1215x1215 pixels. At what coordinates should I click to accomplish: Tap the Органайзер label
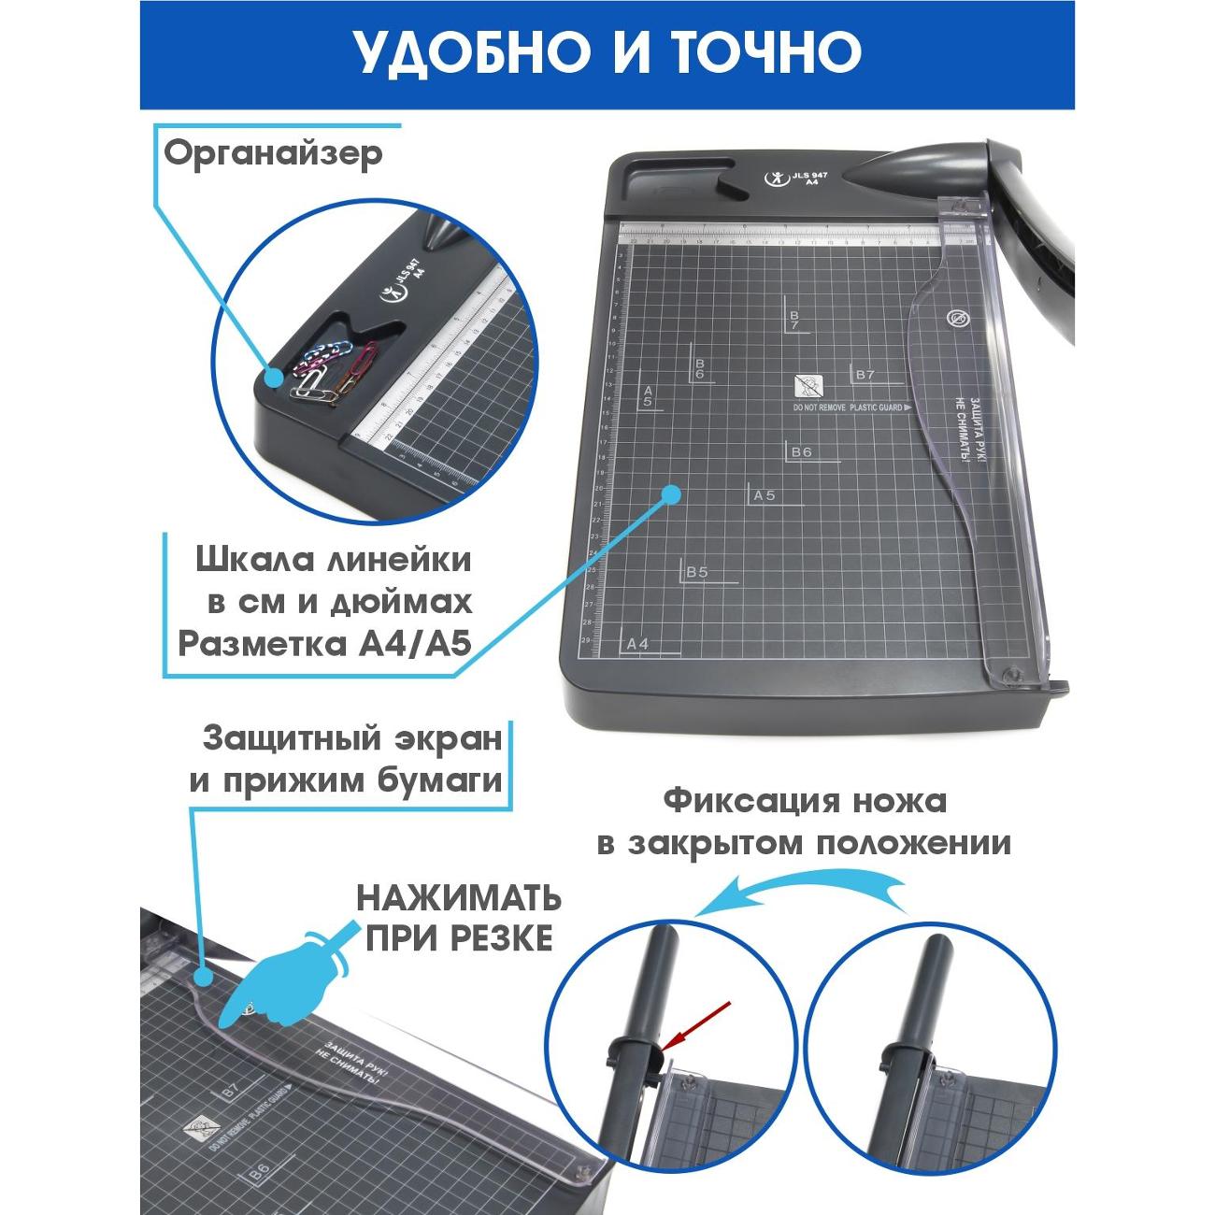click(x=274, y=152)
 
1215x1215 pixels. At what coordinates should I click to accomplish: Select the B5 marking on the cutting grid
click(x=697, y=571)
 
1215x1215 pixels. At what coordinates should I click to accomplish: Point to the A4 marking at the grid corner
click(x=637, y=643)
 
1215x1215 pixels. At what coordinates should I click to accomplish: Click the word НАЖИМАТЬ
click(x=458, y=899)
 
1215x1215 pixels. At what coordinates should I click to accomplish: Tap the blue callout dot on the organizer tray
click(x=273, y=378)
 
